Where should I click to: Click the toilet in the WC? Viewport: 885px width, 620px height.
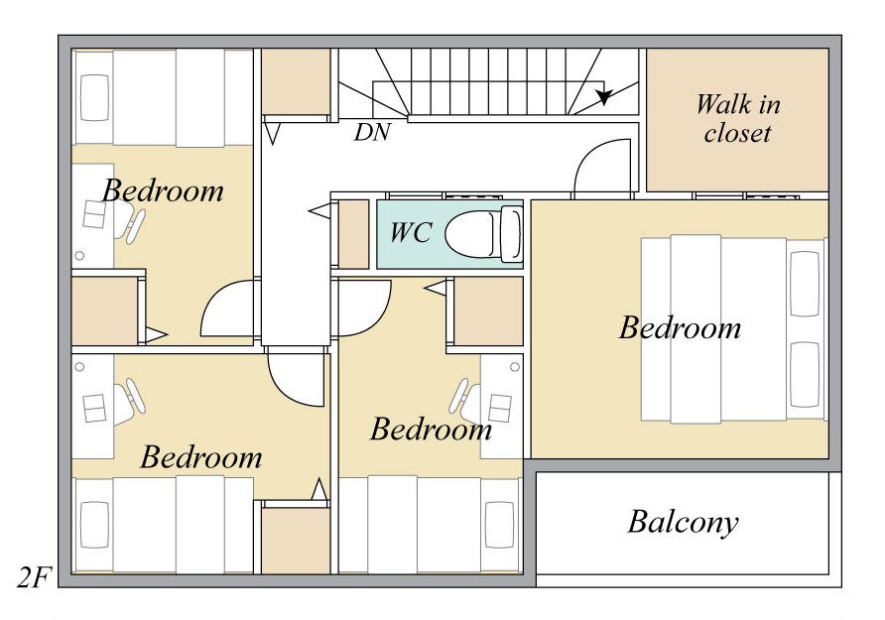pos(484,233)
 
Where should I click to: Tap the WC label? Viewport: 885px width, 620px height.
pos(411,232)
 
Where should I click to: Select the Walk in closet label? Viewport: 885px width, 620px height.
pos(738,118)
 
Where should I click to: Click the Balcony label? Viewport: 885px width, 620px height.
pos(683,523)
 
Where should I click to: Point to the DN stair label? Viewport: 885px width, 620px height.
pos(372,132)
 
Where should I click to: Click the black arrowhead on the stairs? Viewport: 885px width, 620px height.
pos(604,96)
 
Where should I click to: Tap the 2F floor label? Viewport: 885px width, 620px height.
pos(34,577)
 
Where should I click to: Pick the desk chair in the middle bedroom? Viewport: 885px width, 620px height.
pos(465,402)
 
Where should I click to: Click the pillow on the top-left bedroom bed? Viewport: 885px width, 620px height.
pos(95,97)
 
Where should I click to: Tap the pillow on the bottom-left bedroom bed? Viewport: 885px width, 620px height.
pos(95,525)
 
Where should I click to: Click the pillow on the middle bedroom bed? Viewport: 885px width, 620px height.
pos(499,525)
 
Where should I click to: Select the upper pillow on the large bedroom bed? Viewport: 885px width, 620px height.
pos(805,284)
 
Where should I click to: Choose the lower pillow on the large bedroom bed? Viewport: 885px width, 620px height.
pos(805,375)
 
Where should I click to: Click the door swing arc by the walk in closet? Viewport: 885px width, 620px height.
pos(601,166)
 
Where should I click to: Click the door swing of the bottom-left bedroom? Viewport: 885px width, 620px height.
pos(296,378)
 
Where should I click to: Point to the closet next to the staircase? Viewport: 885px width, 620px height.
pos(296,81)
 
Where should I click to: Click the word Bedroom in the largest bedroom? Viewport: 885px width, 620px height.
pos(680,328)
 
